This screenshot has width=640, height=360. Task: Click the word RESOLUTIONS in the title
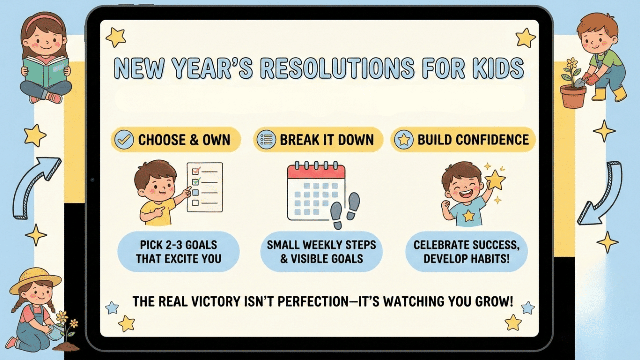tap(337, 68)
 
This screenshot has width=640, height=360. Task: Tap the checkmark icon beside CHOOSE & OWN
tap(124, 140)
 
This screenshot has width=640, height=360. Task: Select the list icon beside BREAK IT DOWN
tap(266, 140)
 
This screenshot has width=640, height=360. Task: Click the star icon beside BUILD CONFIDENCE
tap(404, 140)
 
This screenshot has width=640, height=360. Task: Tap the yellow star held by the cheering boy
tap(495, 180)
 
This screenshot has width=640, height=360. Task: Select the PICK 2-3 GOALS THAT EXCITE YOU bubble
tap(178, 252)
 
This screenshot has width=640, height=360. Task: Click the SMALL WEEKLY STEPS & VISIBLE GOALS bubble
tap(321, 252)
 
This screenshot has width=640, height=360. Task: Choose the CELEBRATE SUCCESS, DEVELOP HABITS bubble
tap(466, 252)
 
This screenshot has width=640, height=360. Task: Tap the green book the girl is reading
tap(45, 72)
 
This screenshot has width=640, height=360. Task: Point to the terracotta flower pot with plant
tap(573, 96)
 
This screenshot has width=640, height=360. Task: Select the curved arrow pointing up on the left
tap(33, 187)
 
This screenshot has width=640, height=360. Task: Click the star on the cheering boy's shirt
tap(469, 216)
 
